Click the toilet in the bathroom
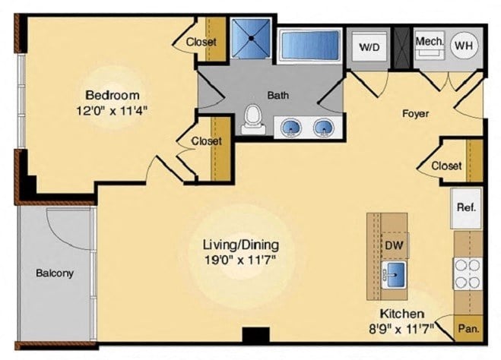coord(253,120)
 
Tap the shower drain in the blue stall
coord(252,38)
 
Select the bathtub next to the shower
coord(309,46)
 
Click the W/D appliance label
coord(369,47)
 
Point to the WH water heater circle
coord(464,46)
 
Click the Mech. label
coord(430,41)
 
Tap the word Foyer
coord(415,113)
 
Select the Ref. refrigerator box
coord(466,208)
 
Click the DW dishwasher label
coord(394,245)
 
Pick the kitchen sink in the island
coord(394,274)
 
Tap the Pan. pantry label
coord(469,328)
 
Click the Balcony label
coord(55,273)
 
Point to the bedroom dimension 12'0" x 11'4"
coord(112,111)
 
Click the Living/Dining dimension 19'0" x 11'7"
coord(240,260)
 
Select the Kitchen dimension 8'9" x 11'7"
coord(401,328)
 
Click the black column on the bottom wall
coord(255,335)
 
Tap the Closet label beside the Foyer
coord(446,166)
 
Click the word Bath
coord(278,95)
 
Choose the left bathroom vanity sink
coord(291,128)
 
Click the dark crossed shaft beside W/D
coord(401,48)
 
